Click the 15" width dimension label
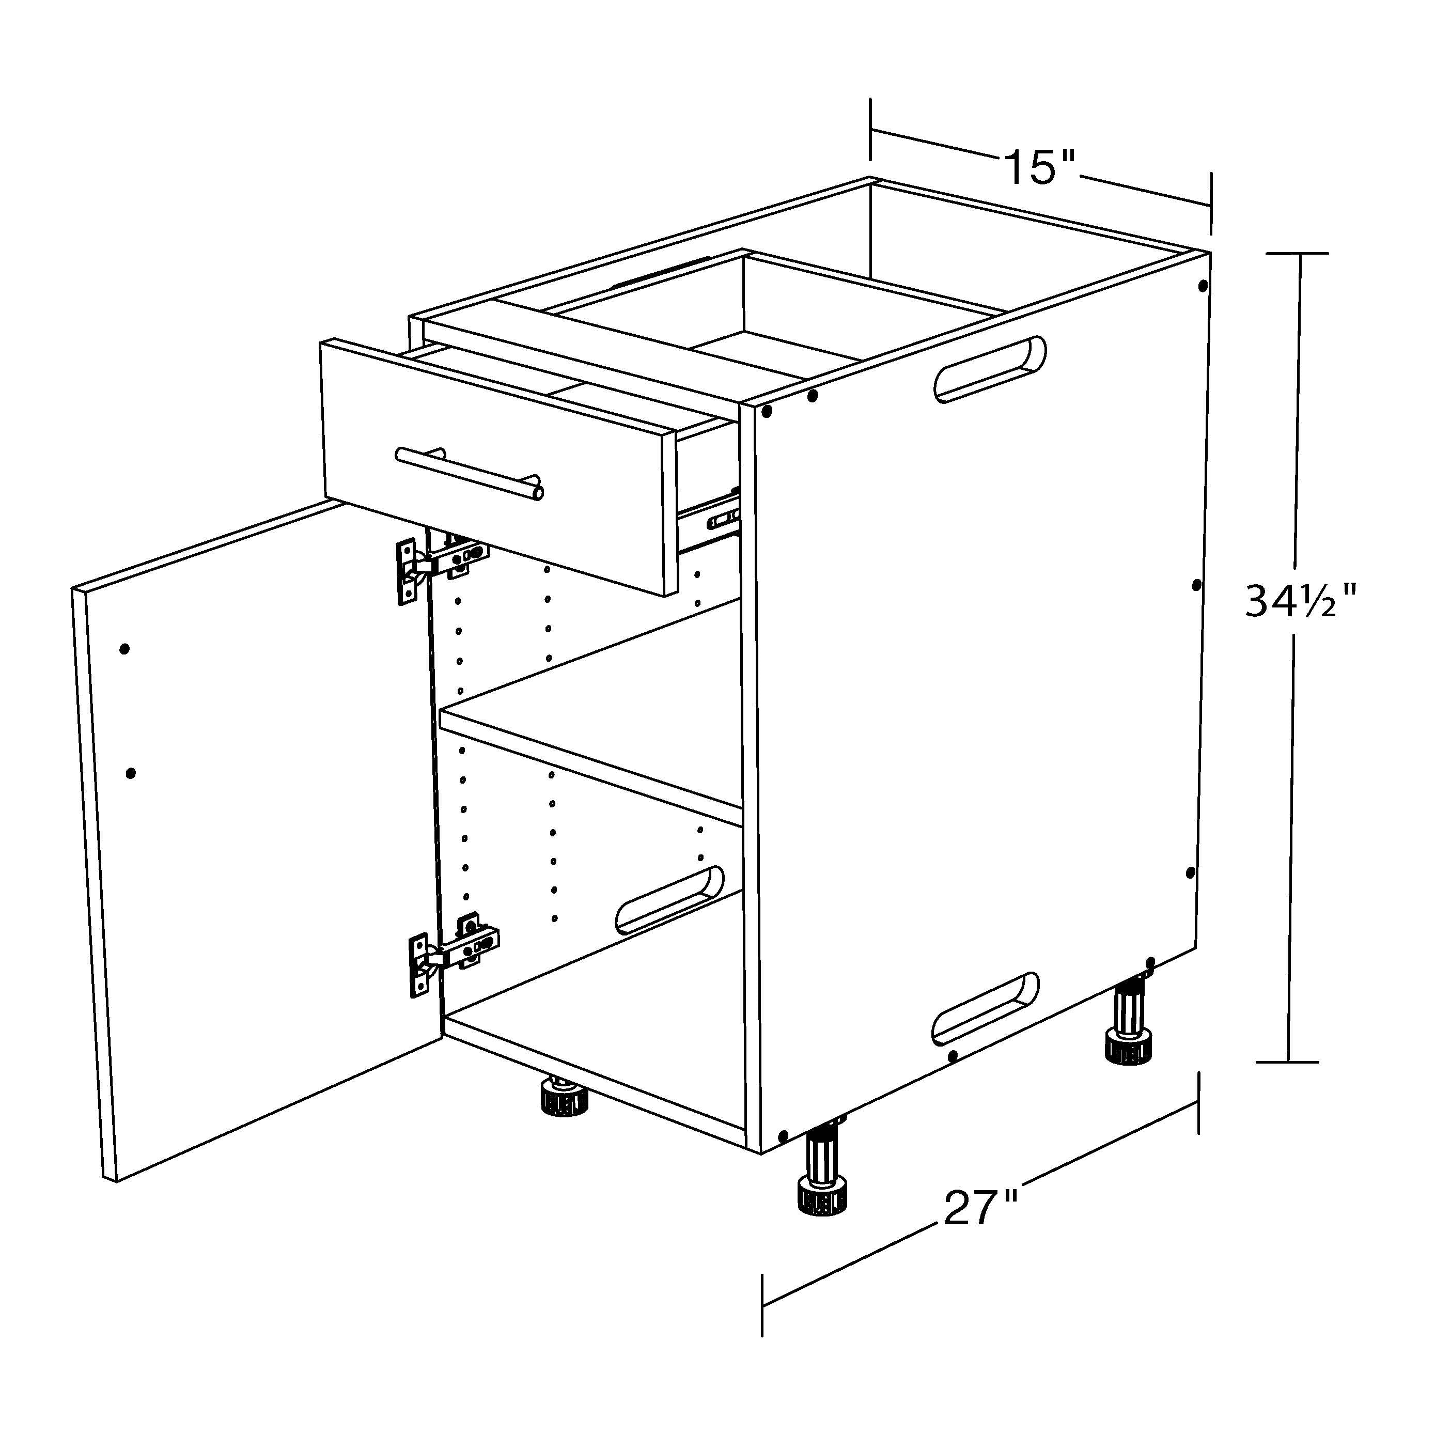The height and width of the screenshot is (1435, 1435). tap(1040, 167)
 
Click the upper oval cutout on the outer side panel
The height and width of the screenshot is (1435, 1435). tap(990, 368)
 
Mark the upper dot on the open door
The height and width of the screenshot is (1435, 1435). tap(124, 648)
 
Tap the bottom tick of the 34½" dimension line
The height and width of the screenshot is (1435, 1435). tap(1287, 1062)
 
